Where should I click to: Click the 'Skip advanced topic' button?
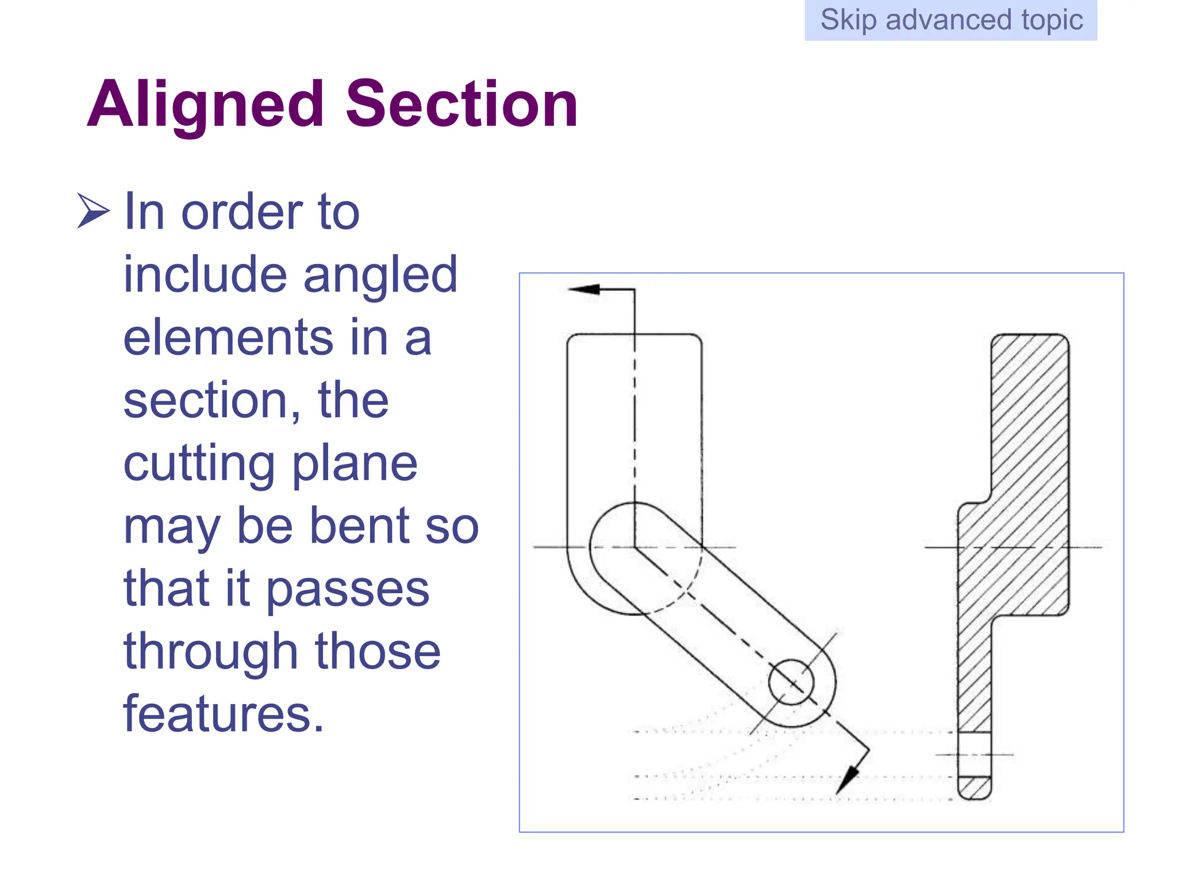click(x=951, y=20)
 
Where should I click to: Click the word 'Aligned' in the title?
click(x=206, y=105)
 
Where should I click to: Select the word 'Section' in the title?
click(x=461, y=105)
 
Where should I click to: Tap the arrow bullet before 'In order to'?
click(x=93, y=211)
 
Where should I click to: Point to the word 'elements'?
click(x=228, y=338)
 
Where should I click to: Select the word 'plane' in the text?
click(x=355, y=464)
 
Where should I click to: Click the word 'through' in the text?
click(x=210, y=652)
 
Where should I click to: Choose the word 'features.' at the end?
click(x=224, y=714)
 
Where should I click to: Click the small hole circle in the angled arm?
click(x=791, y=682)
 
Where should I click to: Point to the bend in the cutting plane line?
click(x=634, y=547)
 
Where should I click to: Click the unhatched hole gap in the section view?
click(x=975, y=754)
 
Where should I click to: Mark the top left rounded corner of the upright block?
click(x=572, y=339)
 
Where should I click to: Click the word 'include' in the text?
click(x=204, y=275)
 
